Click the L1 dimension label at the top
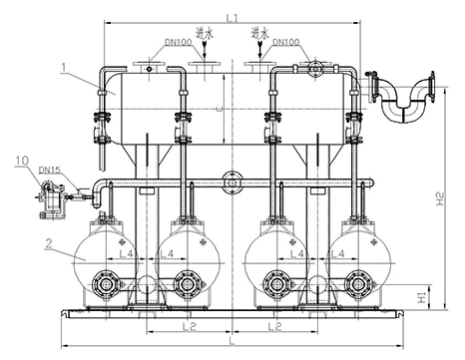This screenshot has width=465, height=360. pyautogui.click(x=232, y=18)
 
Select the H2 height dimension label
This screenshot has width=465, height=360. pyautogui.click(x=440, y=198)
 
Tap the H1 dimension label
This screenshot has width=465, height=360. pyautogui.click(x=422, y=297)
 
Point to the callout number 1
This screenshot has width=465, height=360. pyautogui.click(x=64, y=67)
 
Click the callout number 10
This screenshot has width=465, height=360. pyautogui.click(x=22, y=161)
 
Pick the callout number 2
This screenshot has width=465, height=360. pyautogui.click(x=49, y=243)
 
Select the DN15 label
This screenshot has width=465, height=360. pyautogui.click(x=49, y=171)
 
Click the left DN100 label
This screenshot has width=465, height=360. pyautogui.click(x=179, y=43)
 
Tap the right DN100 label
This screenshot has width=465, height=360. pyautogui.click(x=285, y=42)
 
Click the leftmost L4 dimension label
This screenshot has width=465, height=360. pyautogui.click(x=126, y=254)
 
